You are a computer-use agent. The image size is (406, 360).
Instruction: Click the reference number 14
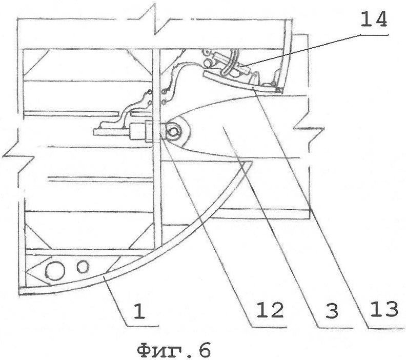tap(373, 20)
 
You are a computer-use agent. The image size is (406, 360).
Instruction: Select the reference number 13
tap(383, 310)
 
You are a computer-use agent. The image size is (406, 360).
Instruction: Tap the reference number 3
tap(332, 310)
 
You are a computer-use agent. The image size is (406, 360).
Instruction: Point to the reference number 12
tap(270, 310)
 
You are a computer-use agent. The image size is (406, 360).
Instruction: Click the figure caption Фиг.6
tap(174, 351)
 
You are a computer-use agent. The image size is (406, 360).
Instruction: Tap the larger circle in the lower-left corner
tap(55, 271)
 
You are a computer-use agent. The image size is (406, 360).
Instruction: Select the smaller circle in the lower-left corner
tap(83, 267)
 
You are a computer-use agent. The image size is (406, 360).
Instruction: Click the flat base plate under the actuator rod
tap(109, 132)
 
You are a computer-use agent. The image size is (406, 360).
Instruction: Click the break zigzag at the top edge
tap(155, 19)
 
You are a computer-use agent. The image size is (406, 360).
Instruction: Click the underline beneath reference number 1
tap(143, 326)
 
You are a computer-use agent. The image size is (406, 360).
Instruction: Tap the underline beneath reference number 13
tap(387, 329)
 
